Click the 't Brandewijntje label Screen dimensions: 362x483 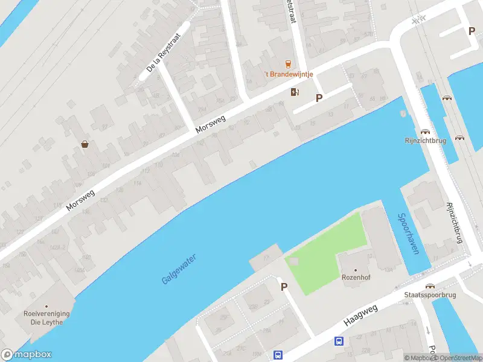(288, 74)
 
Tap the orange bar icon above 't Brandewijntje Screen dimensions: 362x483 (288, 64)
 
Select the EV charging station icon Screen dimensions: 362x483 (295, 92)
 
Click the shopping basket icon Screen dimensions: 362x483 (86, 144)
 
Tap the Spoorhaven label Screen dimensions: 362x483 (408, 234)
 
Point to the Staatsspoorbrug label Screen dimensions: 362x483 (430, 295)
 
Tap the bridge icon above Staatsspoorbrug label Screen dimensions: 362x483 (430, 286)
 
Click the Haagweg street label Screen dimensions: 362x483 (360, 316)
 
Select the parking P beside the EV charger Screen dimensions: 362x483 (319, 98)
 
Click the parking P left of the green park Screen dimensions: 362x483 (283, 287)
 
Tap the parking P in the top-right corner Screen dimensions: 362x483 (472, 31)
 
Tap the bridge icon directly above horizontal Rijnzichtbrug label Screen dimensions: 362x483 (426, 131)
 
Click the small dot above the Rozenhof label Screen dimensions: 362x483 (355, 270)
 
